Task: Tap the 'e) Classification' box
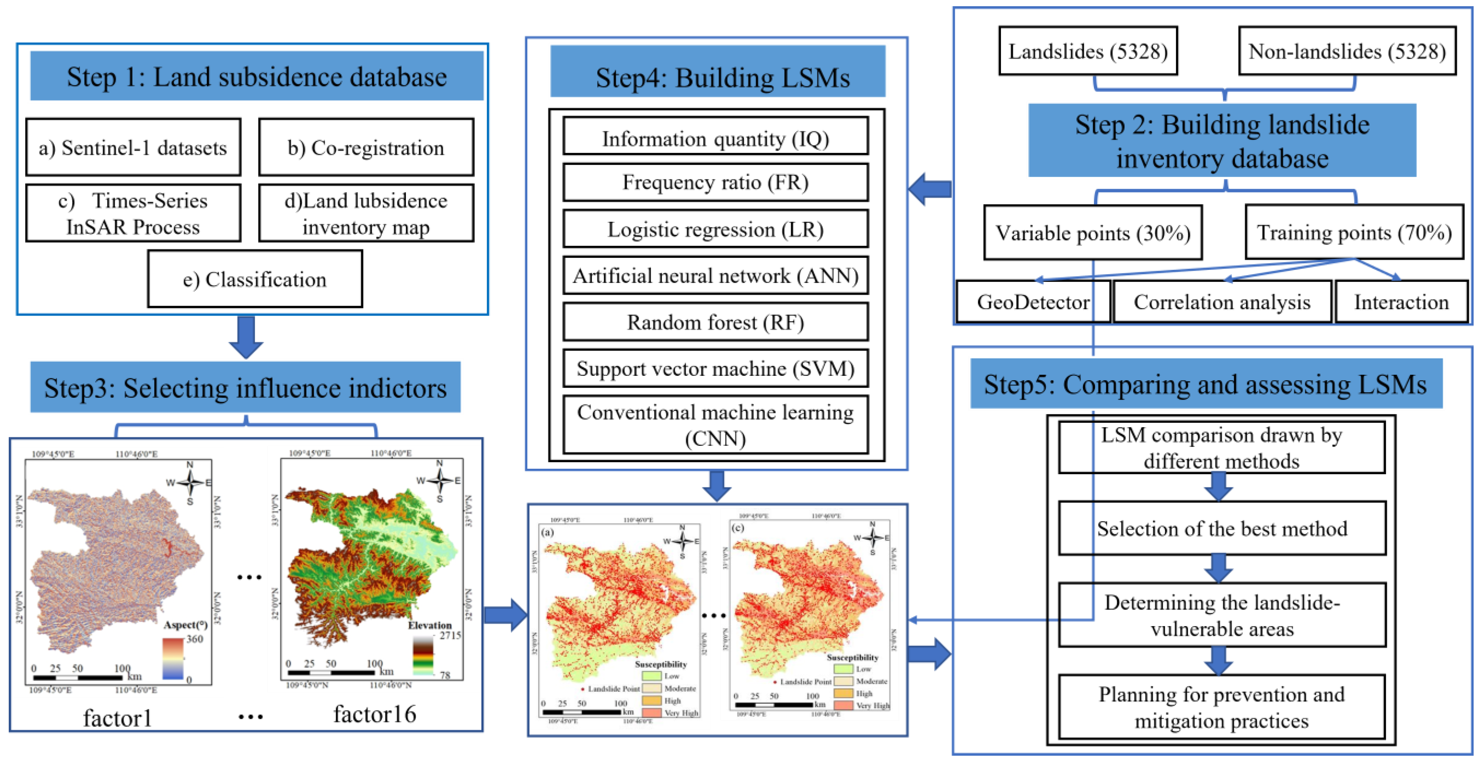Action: pos(255,279)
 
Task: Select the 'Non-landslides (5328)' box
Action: pos(1347,51)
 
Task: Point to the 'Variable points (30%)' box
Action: pos(1092,233)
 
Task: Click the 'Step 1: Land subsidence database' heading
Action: pos(257,76)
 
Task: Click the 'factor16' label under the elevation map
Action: pos(375,714)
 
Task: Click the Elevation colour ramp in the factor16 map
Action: pos(423,656)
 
